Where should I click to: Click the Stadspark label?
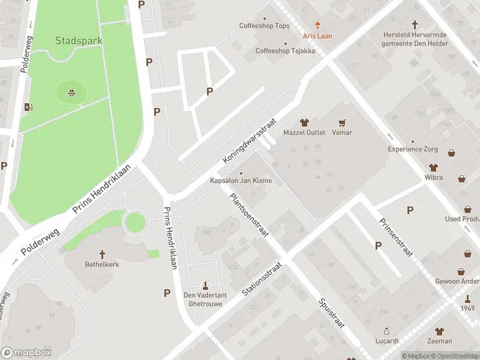(x=79, y=41)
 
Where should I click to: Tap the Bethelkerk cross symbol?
(x=102, y=254)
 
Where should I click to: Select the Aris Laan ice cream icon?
(x=317, y=26)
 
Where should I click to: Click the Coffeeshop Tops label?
(x=264, y=26)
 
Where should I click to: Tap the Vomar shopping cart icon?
(x=343, y=122)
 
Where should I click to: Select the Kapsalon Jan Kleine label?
(x=241, y=181)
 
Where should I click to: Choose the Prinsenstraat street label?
(x=395, y=238)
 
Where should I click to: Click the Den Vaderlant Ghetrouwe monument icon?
(x=206, y=285)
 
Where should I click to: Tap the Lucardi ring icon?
(x=387, y=331)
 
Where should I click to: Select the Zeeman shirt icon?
(x=440, y=331)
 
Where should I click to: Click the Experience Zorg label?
(x=412, y=149)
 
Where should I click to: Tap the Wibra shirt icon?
(x=433, y=168)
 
